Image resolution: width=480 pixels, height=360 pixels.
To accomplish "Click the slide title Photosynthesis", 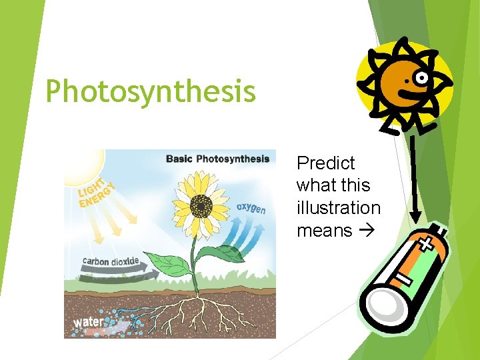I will (151, 92).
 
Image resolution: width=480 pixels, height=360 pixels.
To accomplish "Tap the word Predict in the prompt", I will (325, 163).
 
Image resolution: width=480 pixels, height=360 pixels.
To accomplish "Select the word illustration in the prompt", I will (338, 208).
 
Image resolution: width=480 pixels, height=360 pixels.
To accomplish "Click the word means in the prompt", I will (324, 231).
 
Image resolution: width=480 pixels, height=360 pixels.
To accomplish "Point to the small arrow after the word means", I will (365, 231).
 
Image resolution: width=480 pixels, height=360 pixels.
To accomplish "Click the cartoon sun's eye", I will (421, 79).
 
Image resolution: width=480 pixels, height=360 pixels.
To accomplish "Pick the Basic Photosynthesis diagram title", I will (217, 159).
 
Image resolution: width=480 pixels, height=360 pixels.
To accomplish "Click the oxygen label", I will (251, 208).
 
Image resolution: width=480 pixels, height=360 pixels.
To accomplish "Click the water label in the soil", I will (88, 322).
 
